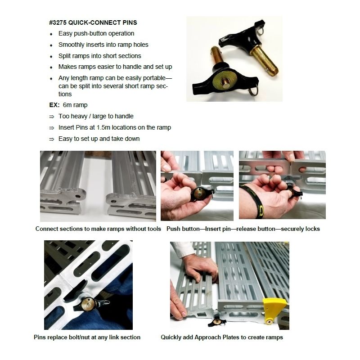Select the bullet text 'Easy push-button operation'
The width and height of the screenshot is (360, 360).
tap(96, 33)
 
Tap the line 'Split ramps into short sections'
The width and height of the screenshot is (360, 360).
tap(99, 56)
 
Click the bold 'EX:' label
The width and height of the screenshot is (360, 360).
tap(54, 105)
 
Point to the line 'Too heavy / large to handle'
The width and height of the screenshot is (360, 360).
tap(96, 116)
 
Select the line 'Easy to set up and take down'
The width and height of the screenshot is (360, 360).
tap(99, 139)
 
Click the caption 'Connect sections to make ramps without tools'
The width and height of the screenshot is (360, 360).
tap(98, 229)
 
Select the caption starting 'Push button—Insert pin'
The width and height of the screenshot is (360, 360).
tap(243, 229)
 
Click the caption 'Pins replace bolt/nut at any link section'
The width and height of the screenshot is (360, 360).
tap(87, 337)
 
